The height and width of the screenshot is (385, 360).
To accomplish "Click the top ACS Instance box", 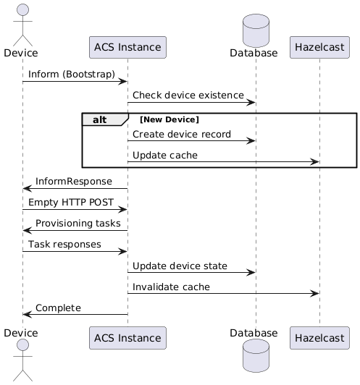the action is (x=127, y=47).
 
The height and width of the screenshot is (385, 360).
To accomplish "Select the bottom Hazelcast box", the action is (x=319, y=338).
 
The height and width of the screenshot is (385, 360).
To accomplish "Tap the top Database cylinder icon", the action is (x=256, y=30).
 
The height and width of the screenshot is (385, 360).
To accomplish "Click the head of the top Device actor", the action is (x=22, y=10).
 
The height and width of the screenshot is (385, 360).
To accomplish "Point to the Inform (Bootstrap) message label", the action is (x=72, y=74).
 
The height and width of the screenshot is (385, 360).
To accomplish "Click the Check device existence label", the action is (x=188, y=95).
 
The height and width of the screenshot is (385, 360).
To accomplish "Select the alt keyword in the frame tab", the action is (x=99, y=120).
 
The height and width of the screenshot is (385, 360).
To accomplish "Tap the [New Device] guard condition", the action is (x=169, y=119).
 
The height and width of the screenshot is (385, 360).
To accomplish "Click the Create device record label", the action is (x=182, y=135).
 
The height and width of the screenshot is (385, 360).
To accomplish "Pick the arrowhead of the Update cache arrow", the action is (x=314, y=162).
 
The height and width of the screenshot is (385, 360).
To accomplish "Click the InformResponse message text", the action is (x=74, y=181).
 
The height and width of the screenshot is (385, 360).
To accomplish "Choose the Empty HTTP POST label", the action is (x=71, y=203).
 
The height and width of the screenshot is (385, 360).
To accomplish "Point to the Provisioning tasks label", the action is (x=78, y=223).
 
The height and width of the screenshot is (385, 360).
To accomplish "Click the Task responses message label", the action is (x=64, y=245).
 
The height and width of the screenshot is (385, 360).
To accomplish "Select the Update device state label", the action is (x=180, y=266).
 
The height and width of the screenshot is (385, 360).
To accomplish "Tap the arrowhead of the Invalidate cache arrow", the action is (x=314, y=293).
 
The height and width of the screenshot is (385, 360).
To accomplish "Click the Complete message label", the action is (x=58, y=308).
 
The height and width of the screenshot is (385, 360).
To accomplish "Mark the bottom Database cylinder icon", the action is (x=256, y=355).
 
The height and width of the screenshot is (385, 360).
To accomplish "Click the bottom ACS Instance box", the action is (x=127, y=338).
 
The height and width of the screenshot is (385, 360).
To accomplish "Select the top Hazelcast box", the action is (x=319, y=47).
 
